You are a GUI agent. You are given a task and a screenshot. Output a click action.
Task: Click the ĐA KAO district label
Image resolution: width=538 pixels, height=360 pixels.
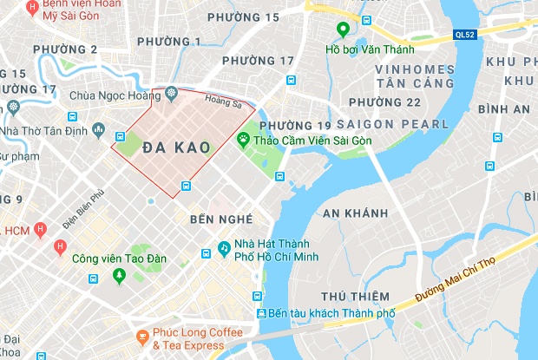(x=176, y=147)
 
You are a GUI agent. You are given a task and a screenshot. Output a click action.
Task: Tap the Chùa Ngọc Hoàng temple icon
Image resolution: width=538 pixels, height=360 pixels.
(x=171, y=93)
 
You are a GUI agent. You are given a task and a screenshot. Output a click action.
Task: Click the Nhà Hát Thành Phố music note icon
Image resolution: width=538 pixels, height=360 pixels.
(x=224, y=248)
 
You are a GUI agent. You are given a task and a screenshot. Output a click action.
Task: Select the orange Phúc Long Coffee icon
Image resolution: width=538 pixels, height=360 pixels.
(x=141, y=335)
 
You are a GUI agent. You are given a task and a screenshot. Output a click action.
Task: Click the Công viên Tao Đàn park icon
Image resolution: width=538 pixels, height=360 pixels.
(x=119, y=275)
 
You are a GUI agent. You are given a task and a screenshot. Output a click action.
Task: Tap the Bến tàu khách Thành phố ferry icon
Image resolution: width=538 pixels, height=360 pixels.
(x=259, y=312)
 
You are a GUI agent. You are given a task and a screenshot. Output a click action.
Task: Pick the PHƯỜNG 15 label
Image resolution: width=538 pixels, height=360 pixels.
(x=249, y=17)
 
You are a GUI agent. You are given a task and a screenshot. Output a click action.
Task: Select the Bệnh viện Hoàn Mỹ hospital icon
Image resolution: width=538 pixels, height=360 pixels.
(x=32, y=7)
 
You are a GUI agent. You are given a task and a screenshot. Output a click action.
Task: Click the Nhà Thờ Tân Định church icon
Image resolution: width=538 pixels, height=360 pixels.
(x=12, y=107)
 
